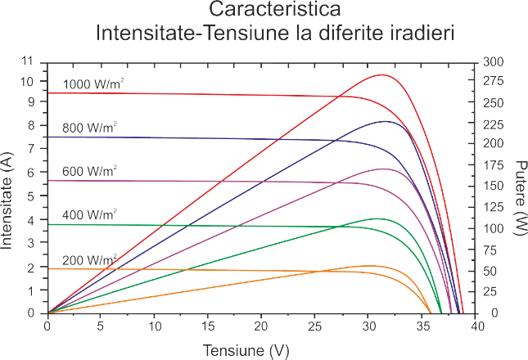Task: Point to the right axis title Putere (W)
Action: pyautogui.click(x=517, y=195)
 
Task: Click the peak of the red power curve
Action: pyautogui.click(x=381, y=74)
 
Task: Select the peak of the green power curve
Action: pyautogui.click(x=377, y=218)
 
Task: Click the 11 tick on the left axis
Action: pyautogui.click(x=30, y=61)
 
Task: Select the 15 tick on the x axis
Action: pyautogui.click(x=207, y=325)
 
